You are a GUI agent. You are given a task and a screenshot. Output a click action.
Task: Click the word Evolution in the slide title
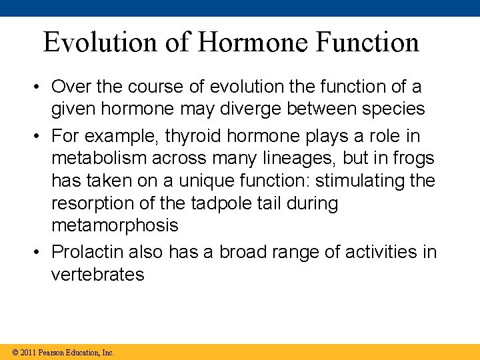coord(101,43)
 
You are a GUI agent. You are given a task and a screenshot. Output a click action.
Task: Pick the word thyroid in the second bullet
coord(190,136)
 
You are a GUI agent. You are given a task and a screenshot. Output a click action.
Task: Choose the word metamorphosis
coord(115,225)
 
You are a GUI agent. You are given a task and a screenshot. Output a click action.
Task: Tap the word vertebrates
coord(97,275)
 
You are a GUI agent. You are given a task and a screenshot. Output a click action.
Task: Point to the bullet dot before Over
coord(40,87)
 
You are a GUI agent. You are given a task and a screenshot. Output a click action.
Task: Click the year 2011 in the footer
coord(27,352)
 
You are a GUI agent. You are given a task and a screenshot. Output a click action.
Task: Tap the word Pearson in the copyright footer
coord(53,352)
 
